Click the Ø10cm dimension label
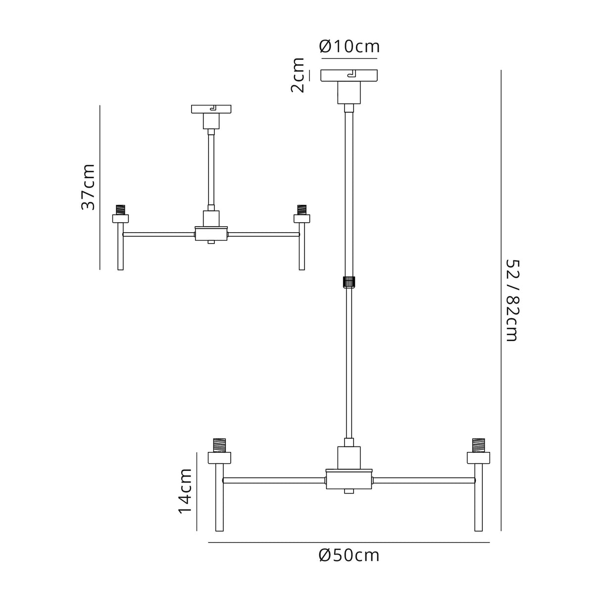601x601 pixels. (x=350, y=47)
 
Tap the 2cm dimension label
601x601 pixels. (x=298, y=75)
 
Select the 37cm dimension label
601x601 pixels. (x=88, y=187)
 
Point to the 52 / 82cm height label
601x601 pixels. (x=511, y=300)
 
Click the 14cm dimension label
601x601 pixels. (x=185, y=492)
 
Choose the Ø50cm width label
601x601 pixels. (x=349, y=555)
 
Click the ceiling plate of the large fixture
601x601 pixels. (x=349, y=75)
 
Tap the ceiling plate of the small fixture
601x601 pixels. (x=211, y=108)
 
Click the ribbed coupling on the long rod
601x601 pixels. (x=349, y=282)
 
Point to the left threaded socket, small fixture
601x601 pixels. (x=120, y=210)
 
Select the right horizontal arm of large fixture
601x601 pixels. (x=424, y=480)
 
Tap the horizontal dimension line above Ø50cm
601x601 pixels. (x=349, y=543)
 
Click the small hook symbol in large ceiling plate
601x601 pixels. (x=352, y=75)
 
